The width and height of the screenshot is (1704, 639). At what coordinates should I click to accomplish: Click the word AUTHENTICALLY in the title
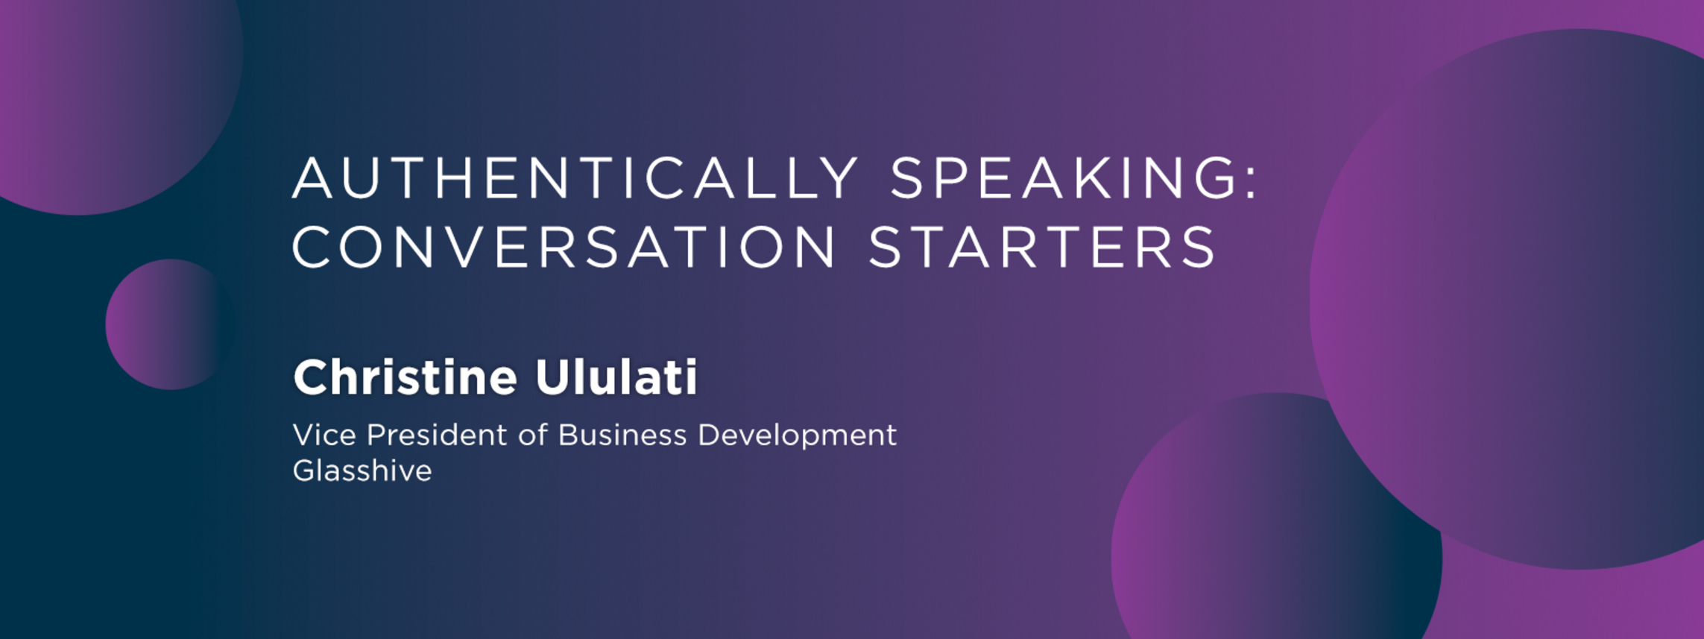coord(575,178)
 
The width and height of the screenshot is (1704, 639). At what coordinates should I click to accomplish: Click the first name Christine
coord(405,377)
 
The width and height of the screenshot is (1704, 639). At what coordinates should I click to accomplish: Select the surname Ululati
coord(616,377)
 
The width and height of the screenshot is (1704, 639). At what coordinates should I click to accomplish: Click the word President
coord(437,435)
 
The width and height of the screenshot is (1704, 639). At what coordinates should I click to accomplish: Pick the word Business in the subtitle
coord(622,435)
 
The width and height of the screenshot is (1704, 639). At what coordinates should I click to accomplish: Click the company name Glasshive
coord(362,470)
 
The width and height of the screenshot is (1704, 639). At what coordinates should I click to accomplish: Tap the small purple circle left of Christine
coord(171,324)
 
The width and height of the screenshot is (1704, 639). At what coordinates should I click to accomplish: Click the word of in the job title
coord(533,435)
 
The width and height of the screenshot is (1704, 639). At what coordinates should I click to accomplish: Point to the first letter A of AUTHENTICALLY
coord(312,178)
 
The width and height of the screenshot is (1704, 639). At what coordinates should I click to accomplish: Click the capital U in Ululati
coord(552,377)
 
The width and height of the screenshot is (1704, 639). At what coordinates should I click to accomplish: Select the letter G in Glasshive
coord(304,470)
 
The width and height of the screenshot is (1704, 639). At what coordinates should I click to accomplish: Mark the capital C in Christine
coord(310,377)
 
